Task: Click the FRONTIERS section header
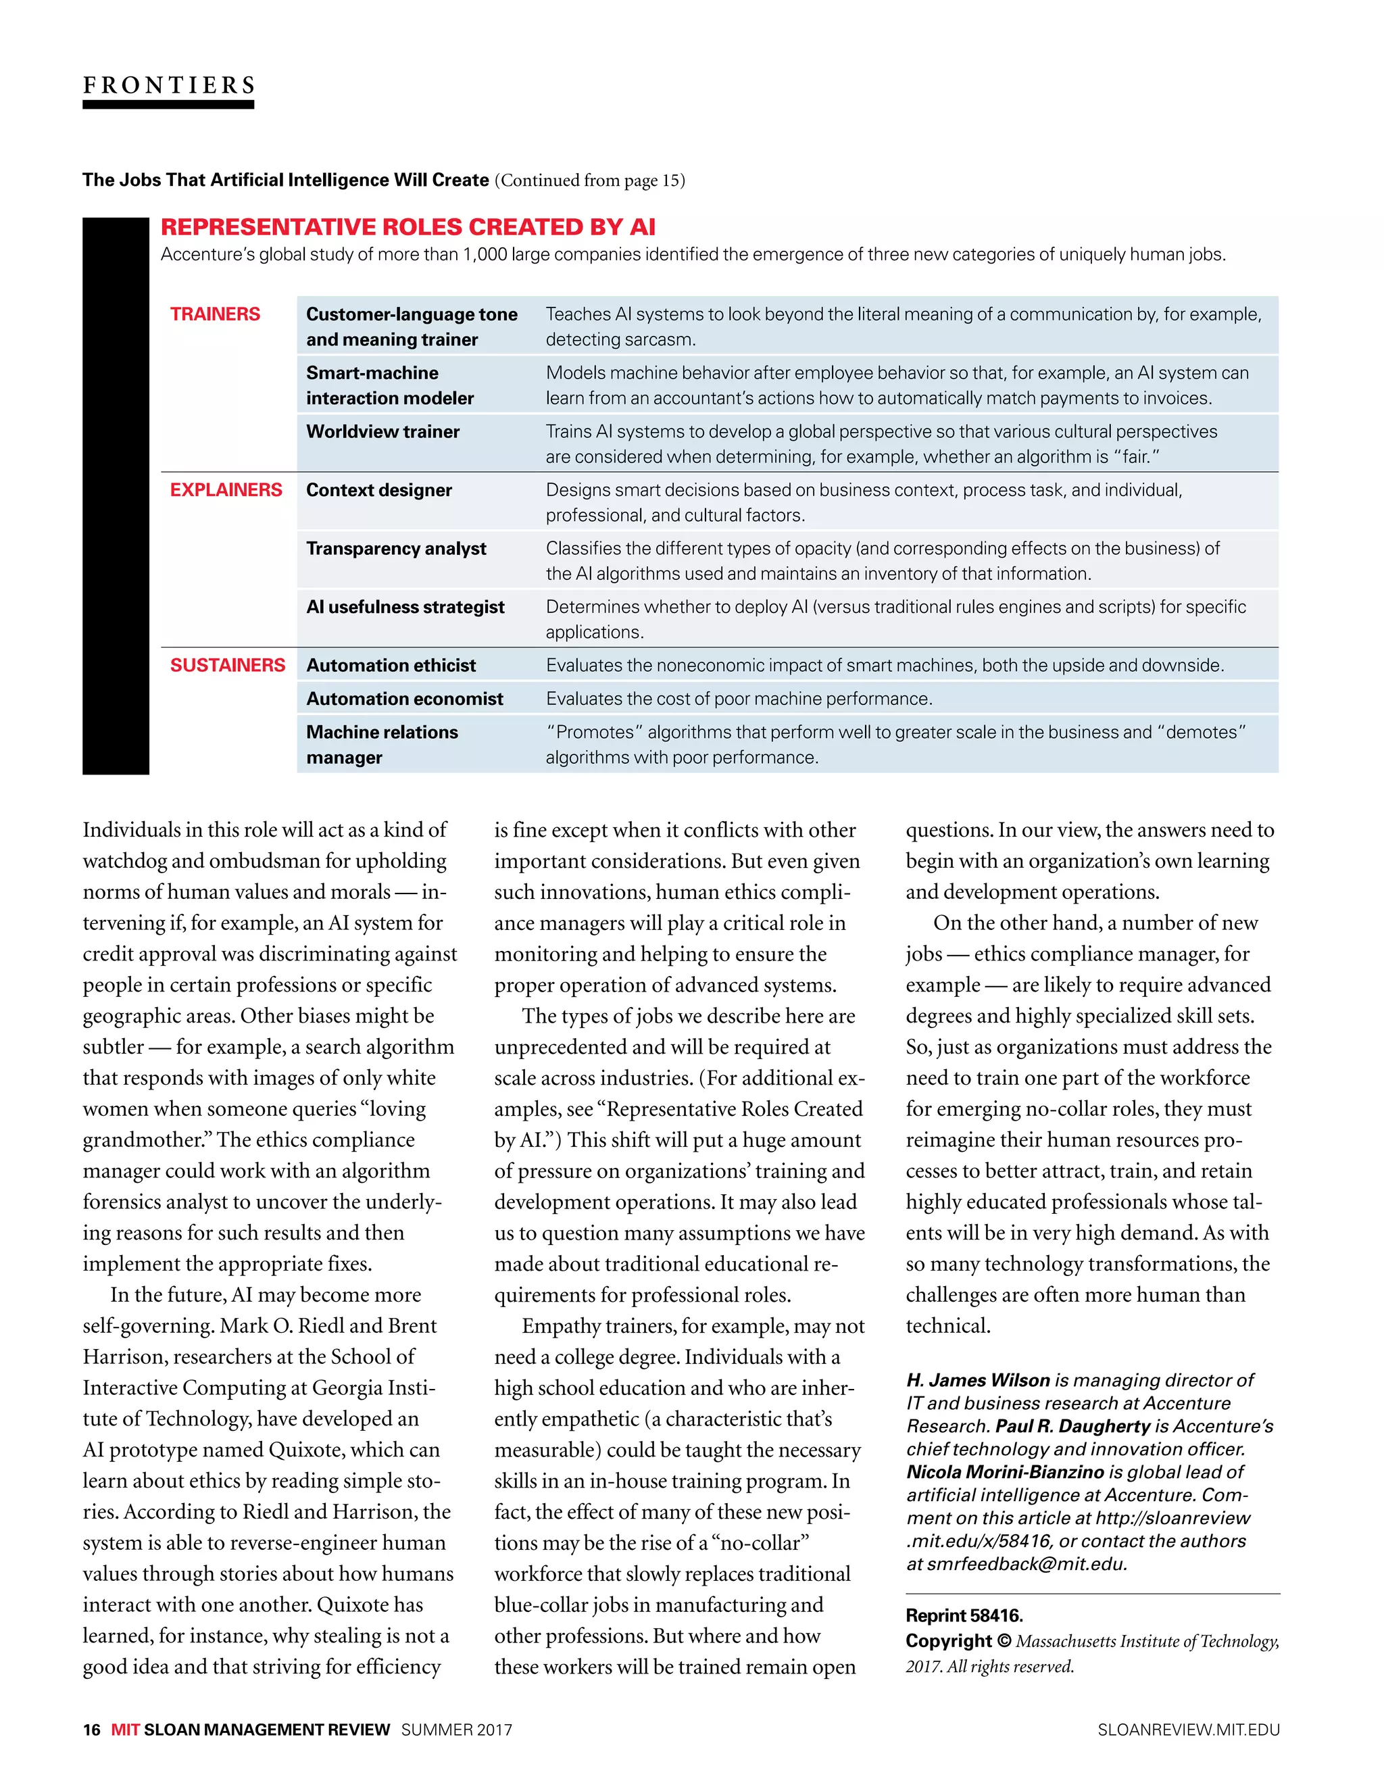click(x=168, y=85)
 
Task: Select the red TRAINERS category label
click(x=214, y=314)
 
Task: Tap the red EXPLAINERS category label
click(x=226, y=490)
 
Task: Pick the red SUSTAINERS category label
click(x=227, y=665)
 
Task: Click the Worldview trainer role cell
click(x=382, y=431)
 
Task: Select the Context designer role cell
click(x=378, y=490)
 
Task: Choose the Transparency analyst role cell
click(x=396, y=548)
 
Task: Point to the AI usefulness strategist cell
click(x=405, y=607)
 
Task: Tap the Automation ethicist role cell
click(x=390, y=665)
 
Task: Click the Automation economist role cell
click(x=404, y=699)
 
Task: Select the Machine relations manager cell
click(x=381, y=745)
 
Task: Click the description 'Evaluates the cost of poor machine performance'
click(x=739, y=699)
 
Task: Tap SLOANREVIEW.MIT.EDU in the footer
click(x=1188, y=1730)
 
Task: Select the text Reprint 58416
click(x=964, y=1615)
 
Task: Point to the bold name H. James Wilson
click(x=977, y=1380)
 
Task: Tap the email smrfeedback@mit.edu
click(x=1027, y=1564)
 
